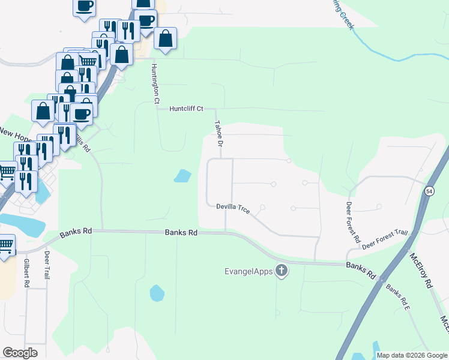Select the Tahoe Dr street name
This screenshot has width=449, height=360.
click(218, 134)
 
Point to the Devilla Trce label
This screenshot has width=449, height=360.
click(233, 208)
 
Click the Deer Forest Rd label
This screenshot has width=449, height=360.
click(352, 221)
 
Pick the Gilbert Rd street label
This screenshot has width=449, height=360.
click(27, 273)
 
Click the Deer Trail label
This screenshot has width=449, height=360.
click(47, 265)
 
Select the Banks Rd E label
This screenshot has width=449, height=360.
click(398, 298)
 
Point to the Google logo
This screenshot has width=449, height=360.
click(20, 353)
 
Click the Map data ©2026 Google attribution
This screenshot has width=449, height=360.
click(412, 355)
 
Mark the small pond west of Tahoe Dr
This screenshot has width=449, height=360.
click(182, 176)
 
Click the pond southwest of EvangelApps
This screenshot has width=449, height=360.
click(156, 293)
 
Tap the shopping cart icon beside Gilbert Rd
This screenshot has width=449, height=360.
click(5, 245)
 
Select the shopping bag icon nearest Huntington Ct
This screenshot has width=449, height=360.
click(166, 39)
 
